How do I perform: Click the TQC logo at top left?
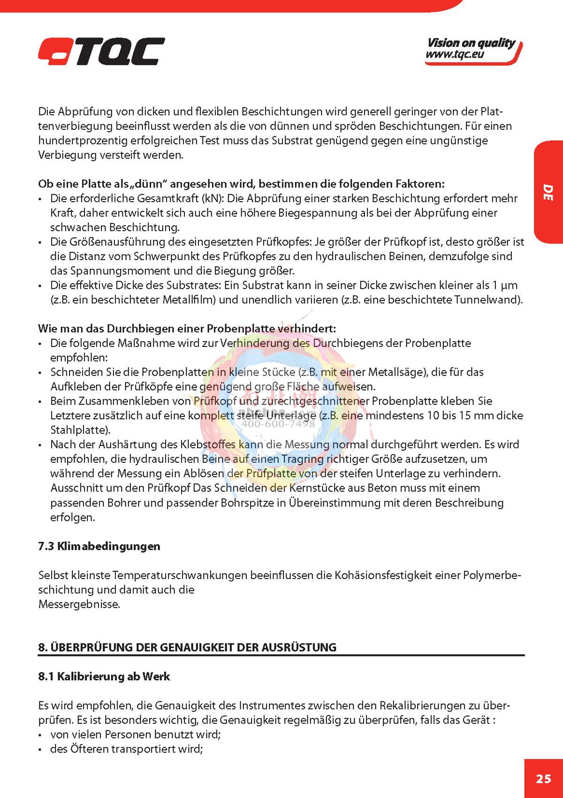101,51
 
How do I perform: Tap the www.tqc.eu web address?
455,55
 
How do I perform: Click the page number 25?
543,779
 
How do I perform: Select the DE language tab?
548,193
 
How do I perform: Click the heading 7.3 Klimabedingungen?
99,546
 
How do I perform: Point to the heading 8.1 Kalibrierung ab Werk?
104,677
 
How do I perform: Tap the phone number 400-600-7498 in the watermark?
278,424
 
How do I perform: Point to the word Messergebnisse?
79,604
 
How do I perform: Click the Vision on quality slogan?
471,43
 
